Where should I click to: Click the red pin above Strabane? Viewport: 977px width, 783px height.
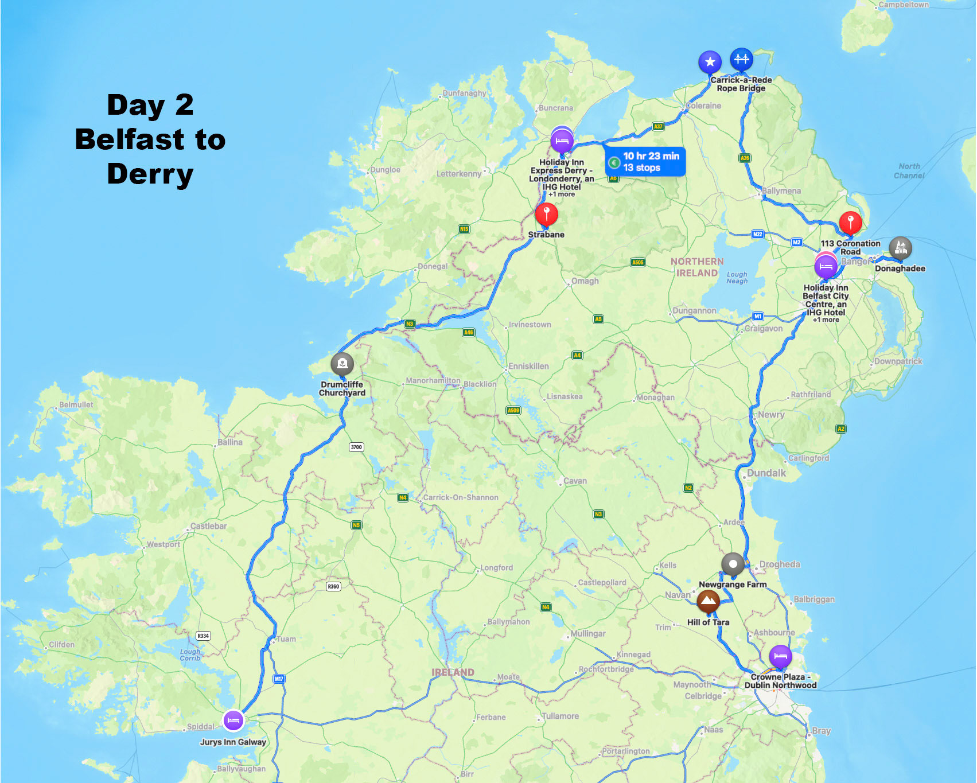point(546,214)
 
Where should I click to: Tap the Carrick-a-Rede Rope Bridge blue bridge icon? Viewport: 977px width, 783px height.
point(741,59)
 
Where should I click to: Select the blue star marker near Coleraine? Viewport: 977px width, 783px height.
point(710,62)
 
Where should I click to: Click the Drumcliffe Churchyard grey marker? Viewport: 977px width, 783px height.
point(342,363)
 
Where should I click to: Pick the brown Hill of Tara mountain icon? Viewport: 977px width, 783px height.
point(708,601)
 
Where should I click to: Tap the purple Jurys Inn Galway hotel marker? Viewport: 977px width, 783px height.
point(233,720)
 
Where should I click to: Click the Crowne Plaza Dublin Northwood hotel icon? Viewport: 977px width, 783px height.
point(780,656)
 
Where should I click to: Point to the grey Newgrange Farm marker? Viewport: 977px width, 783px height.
point(733,564)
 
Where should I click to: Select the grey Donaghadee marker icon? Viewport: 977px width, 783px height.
point(900,248)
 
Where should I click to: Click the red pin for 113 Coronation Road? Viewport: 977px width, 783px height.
point(850,222)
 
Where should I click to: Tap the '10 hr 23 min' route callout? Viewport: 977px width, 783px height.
point(645,161)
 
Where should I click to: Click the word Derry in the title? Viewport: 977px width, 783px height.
point(150,174)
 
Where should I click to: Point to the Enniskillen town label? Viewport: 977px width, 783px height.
point(528,366)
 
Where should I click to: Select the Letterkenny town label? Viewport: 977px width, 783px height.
point(459,173)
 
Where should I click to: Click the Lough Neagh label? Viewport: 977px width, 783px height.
point(737,278)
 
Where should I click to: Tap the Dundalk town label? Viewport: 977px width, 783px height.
point(766,473)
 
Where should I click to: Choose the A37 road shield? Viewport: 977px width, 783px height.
point(658,126)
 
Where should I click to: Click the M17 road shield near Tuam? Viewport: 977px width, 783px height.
point(279,679)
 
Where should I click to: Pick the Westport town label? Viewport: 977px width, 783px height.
point(163,544)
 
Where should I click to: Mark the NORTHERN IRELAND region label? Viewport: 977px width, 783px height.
point(697,267)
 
